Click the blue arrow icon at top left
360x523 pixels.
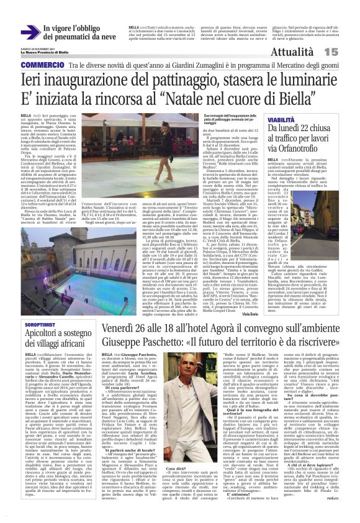point(29,33)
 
